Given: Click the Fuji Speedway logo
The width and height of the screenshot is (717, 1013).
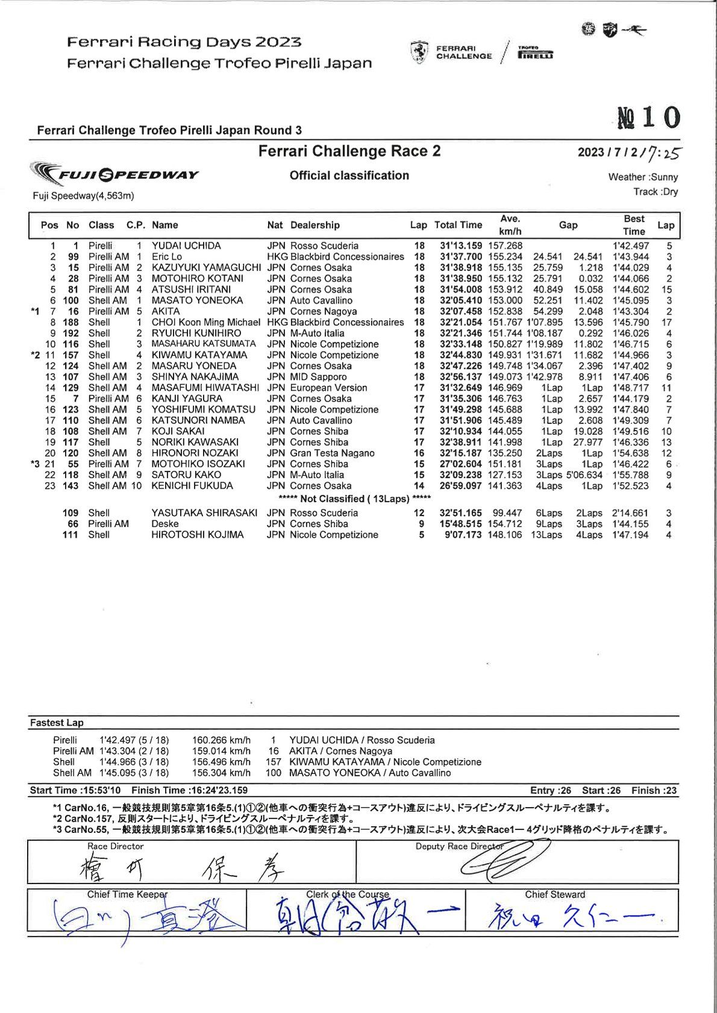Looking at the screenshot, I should [115, 174].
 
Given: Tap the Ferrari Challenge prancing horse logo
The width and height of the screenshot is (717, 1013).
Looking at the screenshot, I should [419, 52].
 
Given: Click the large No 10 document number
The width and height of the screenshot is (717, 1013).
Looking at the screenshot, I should [649, 117].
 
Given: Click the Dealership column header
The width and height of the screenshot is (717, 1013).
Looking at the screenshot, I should [315, 225].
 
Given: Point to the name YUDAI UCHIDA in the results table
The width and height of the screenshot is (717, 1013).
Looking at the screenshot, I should [186, 246].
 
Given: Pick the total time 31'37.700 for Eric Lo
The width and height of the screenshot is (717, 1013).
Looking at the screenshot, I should [461, 257].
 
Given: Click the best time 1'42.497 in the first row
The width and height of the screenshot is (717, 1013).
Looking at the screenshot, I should [631, 246].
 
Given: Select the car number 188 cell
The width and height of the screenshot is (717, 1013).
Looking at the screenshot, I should [71, 322].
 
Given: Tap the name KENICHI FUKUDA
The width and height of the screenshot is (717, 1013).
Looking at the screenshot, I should [192, 485].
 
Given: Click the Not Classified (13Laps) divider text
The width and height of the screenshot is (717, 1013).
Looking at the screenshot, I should [354, 499].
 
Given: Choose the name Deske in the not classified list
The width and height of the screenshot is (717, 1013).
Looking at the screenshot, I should [165, 524].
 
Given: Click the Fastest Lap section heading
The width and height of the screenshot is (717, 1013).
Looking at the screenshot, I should [57, 723].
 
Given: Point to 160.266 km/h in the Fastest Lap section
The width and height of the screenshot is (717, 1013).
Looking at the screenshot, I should [221, 740].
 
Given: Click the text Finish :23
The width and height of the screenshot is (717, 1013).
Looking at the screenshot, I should [654, 790].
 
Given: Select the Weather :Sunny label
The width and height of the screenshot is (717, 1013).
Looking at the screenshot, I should [643, 177].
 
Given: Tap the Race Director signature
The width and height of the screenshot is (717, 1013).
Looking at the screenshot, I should [181, 869].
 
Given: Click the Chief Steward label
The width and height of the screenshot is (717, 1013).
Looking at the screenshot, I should [555, 894].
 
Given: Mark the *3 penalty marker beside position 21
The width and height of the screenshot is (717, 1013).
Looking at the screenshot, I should [35, 464].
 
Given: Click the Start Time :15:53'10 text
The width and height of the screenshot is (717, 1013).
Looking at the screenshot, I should [75, 790].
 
